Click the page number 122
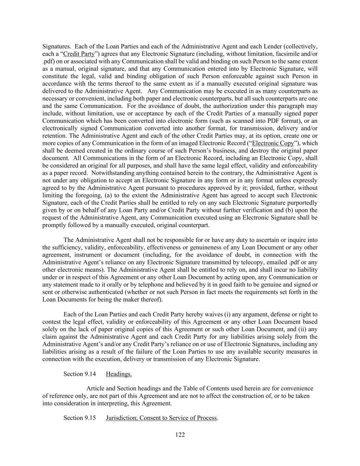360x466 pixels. [x=180, y=435]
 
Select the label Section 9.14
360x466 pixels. [x=80, y=374]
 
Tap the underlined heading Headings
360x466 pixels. [x=119, y=374]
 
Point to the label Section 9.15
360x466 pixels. [x=80, y=418]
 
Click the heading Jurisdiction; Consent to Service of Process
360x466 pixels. [x=161, y=418]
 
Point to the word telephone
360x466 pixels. [x=131, y=284]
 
